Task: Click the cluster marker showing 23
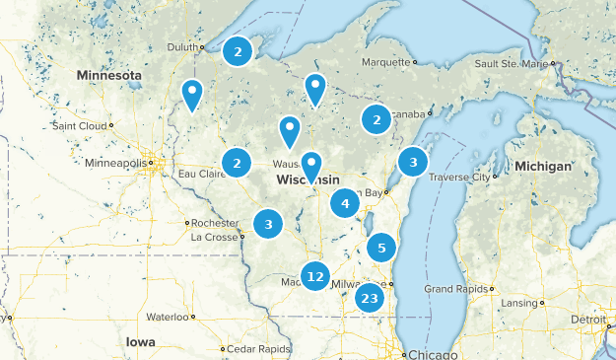coord(370,299)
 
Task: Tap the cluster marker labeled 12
coord(314,277)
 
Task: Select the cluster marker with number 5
coord(381,248)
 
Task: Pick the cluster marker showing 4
coord(344,204)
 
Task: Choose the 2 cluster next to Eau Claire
coord(237,163)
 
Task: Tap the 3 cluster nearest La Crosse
coord(268,224)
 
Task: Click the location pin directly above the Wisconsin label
coord(311,166)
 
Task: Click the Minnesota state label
coord(110,75)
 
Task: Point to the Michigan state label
coord(542,167)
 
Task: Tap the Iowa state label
coord(140,341)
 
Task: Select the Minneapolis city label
coord(116,163)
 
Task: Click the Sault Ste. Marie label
coord(511,63)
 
